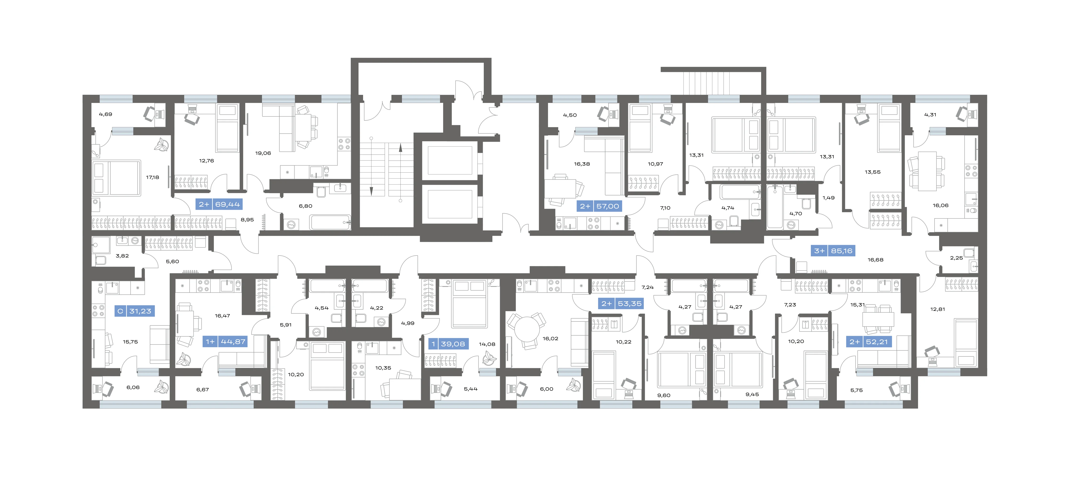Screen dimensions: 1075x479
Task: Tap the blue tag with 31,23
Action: pos(134,311)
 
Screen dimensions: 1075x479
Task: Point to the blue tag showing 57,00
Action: pos(600,206)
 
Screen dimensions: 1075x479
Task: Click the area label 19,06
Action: pos(263,153)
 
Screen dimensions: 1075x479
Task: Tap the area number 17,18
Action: pos(152,178)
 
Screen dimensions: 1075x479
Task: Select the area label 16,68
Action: pos(876,260)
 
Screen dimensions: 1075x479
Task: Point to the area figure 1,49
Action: pos(828,198)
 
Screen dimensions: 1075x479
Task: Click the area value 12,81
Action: pos(938,310)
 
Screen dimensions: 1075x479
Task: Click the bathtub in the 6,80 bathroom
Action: pos(330,222)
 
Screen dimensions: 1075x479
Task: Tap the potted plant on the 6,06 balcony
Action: pos(161,387)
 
